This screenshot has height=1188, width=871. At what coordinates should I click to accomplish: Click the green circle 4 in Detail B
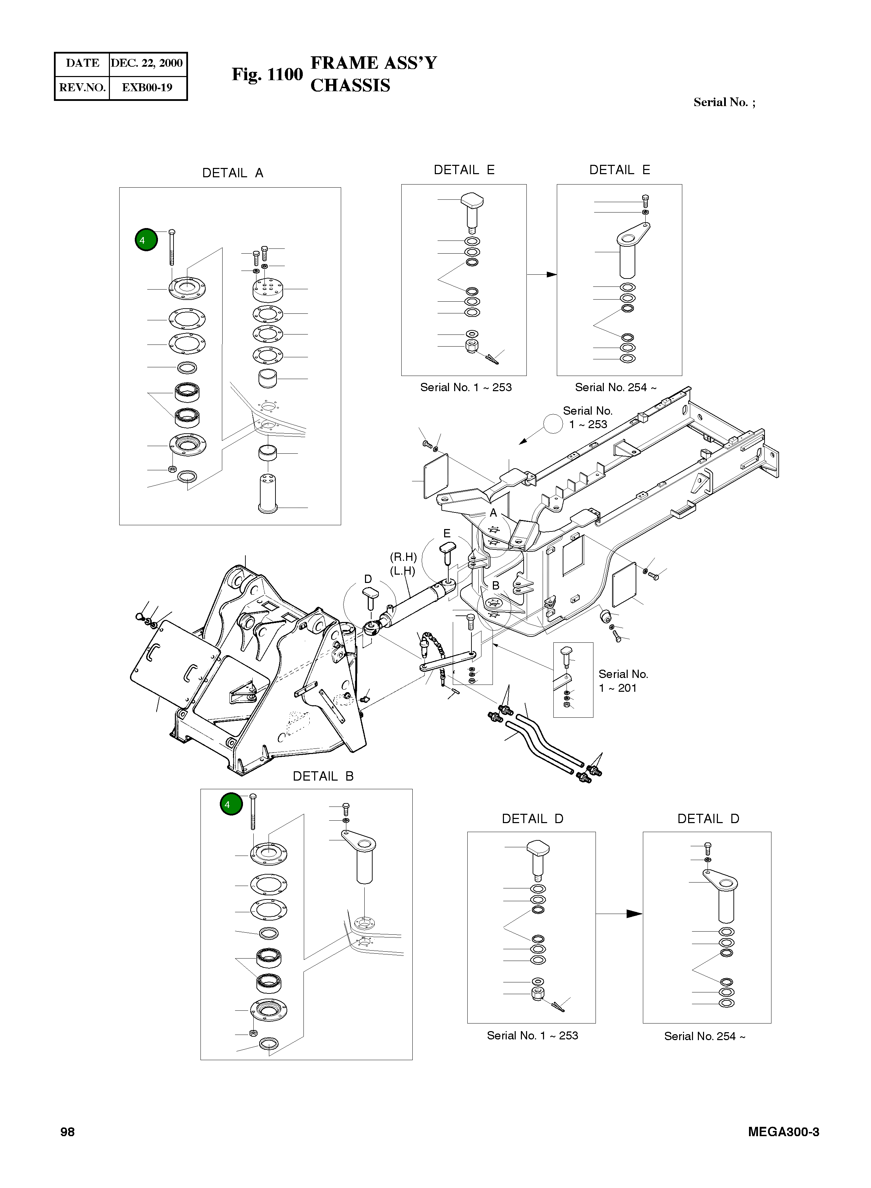click(231, 804)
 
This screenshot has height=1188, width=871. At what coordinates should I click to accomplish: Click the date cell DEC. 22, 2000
click(147, 63)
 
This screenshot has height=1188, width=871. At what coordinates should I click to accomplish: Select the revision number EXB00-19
click(147, 87)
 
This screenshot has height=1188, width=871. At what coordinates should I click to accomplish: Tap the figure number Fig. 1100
click(267, 74)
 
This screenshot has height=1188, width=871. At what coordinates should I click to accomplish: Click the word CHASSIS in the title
click(350, 85)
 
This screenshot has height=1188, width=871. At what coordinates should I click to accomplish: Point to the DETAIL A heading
click(233, 173)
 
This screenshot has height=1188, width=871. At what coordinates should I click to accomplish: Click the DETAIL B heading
click(323, 776)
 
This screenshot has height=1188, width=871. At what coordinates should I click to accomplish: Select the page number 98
click(67, 1132)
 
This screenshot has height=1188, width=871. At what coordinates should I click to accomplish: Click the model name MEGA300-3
click(783, 1132)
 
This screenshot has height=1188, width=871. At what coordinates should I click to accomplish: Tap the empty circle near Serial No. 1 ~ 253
click(553, 423)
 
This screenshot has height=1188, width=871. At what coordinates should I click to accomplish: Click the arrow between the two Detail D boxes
click(619, 913)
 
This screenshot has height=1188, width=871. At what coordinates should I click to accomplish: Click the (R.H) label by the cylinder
click(403, 557)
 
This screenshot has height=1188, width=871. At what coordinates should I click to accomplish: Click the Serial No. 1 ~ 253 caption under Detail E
click(466, 387)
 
